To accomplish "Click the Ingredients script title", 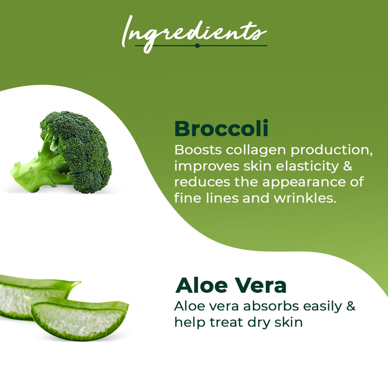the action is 194,34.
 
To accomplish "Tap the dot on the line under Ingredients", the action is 197,46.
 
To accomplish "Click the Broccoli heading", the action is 221,129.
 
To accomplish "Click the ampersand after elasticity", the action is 348,166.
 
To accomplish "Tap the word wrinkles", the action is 305,198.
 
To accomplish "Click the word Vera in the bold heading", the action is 260,286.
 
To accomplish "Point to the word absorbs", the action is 271,306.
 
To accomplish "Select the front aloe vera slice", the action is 77,318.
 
